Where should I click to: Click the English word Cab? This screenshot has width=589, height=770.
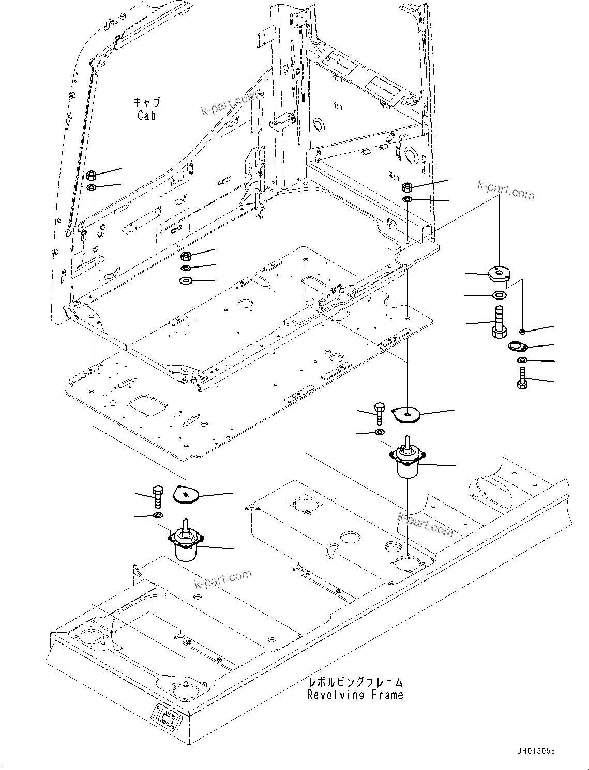click(146, 115)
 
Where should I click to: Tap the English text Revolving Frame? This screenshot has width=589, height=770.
click(355, 695)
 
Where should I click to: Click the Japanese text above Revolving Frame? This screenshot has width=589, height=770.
click(355, 683)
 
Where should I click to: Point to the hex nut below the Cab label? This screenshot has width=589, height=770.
click(91, 175)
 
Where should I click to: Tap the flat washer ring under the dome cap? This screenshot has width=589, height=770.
click(499, 295)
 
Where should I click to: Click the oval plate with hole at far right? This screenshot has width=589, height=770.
click(517, 345)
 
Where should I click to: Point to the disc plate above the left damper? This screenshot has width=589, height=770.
click(185, 494)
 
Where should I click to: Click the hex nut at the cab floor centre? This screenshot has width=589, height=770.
click(186, 256)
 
